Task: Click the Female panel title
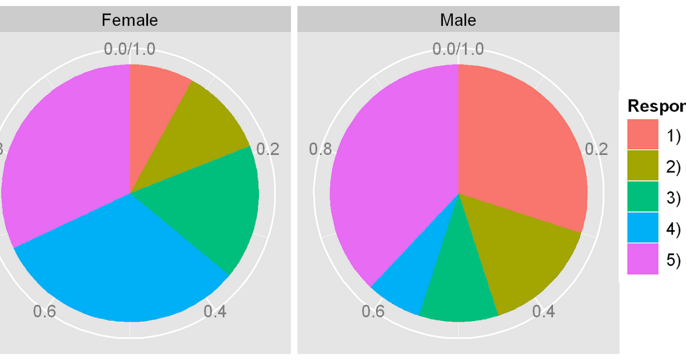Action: pyautogui.click(x=130, y=20)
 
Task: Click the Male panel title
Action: pyautogui.click(x=458, y=20)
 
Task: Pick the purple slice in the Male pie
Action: pyautogui.click(x=389, y=171)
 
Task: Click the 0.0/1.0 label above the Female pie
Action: pyautogui.click(x=129, y=49)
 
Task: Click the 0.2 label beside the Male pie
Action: pyautogui.click(x=597, y=150)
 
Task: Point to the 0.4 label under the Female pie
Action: pyautogui.click(x=215, y=312)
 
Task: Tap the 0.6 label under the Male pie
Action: pyautogui.click(x=373, y=312)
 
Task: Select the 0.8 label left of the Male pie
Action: pyautogui.click(x=320, y=150)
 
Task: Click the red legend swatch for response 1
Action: pyautogui.click(x=643, y=135)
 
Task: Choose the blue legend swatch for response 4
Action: pyautogui.click(x=643, y=228)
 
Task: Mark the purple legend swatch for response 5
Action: pyautogui.click(x=643, y=259)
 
